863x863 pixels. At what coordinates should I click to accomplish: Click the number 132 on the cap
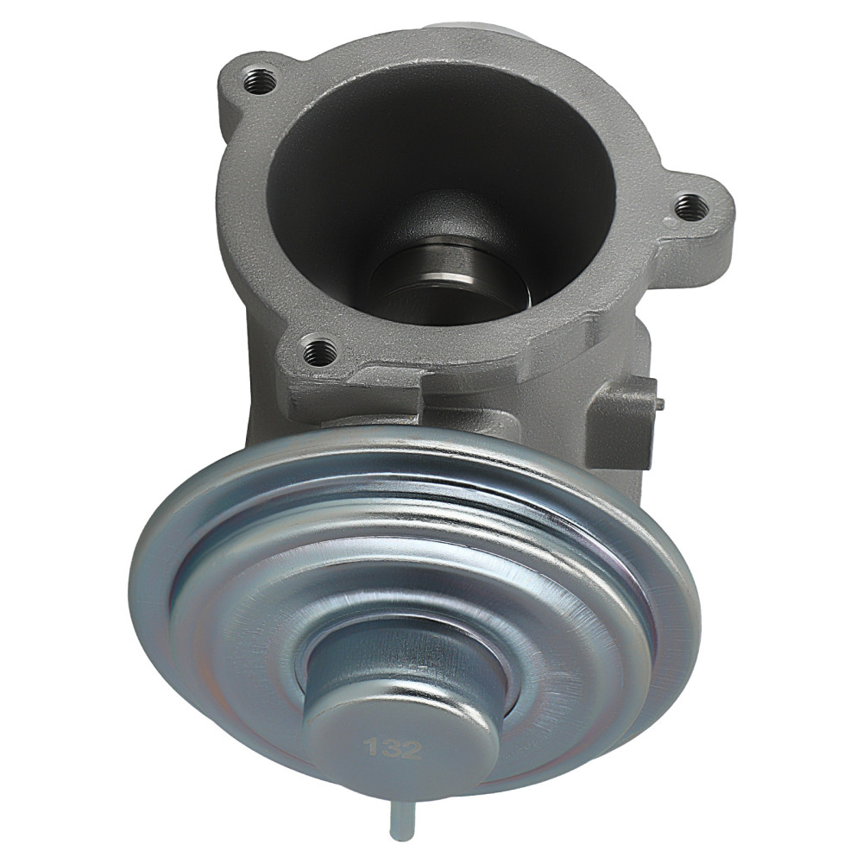[x=393, y=746]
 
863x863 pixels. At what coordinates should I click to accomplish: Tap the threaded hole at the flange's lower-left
[x=321, y=350]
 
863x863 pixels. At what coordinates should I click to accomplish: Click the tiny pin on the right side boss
[x=662, y=400]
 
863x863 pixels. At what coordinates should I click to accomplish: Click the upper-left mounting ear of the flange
[x=250, y=82]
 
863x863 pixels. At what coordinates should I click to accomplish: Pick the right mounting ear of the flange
[x=695, y=207]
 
